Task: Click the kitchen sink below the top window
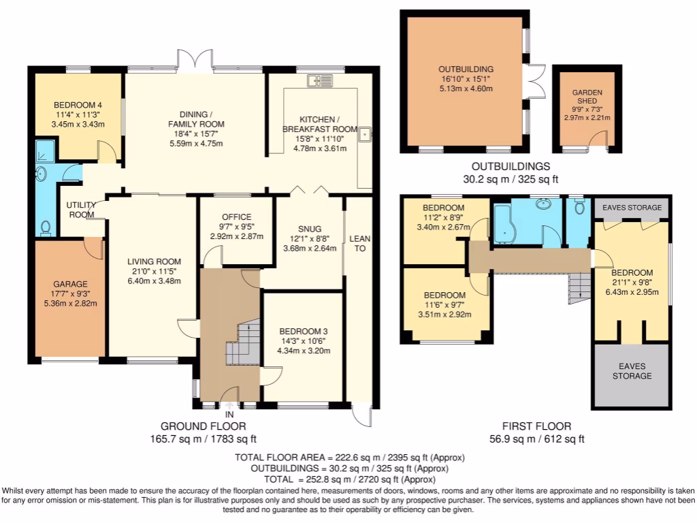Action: point(320,80)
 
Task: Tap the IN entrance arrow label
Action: point(229,415)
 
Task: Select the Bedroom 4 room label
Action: point(78,105)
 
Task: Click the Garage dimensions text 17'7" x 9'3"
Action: point(70,294)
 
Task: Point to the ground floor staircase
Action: point(243,342)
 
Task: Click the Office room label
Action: point(236,217)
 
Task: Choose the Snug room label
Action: point(310,229)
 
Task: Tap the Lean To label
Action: point(360,244)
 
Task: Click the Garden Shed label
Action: point(587,97)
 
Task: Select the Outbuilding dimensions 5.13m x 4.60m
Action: point(466,89)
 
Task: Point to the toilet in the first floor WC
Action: point(579,206)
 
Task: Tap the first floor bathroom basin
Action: point(544,204)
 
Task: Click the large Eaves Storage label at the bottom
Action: point(632,371)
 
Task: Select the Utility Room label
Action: point(82,210)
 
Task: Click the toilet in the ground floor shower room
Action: point(46,228)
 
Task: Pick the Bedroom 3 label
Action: point(304,332)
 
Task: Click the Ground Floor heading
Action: point(203,426)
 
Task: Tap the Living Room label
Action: point(154,261)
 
